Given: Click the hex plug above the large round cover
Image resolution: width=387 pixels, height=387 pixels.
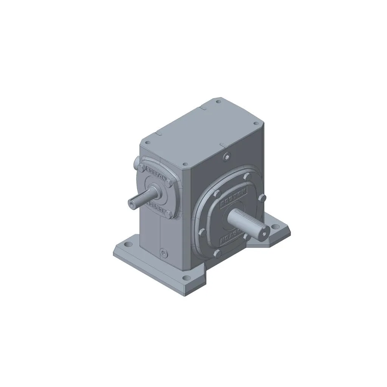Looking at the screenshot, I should point(227,156).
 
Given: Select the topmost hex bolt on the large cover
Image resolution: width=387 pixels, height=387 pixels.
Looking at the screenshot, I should point(246,176).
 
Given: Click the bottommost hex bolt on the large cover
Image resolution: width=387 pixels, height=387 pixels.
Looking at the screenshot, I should point(217,252).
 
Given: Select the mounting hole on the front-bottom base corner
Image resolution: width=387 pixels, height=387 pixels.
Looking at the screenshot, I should point(186,278).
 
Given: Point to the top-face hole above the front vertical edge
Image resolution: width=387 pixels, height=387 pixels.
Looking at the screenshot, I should point(184,164).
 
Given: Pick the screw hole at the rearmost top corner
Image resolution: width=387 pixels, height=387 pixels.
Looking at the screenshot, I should point(218,102).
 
